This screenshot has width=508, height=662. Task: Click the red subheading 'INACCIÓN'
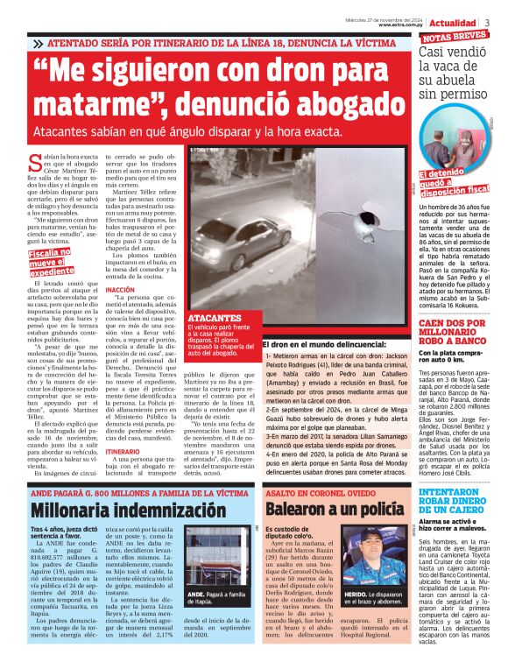(119, 288)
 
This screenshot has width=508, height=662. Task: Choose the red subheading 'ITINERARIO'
(123, 452)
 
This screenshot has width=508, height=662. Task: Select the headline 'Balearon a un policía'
(324, 509)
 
